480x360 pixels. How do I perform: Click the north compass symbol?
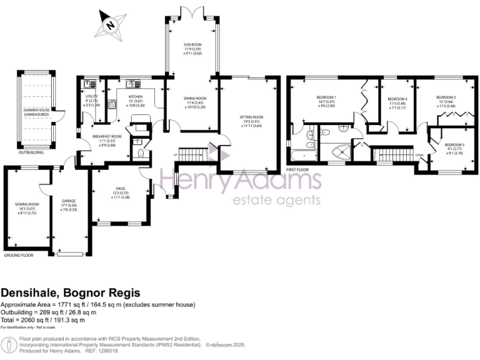point(111,25)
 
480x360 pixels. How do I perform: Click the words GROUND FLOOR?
point(19,256)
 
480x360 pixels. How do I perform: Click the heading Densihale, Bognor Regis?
point(71,292)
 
